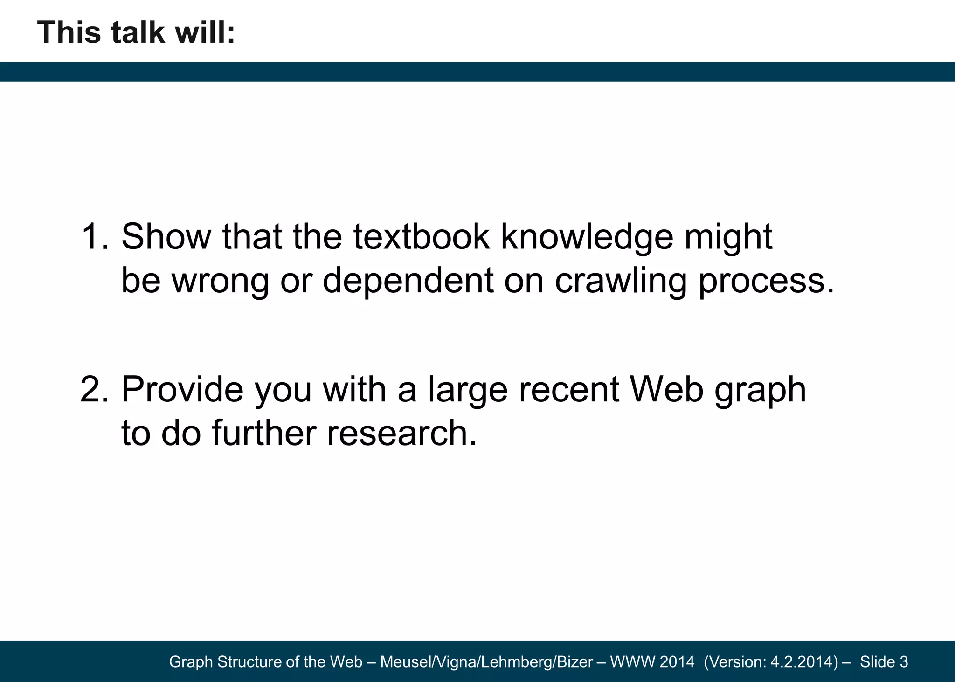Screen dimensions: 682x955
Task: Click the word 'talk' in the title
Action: [138, 33]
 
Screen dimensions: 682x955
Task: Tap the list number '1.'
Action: [95, 237]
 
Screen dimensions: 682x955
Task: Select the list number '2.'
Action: [95, 389]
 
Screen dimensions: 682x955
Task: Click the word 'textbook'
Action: [422, 237]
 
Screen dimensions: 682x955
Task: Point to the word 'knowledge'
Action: [587, 237]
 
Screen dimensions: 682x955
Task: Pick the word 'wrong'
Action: [221, 281]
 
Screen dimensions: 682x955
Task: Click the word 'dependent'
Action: [408, 281]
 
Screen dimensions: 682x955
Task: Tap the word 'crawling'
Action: [621, 281]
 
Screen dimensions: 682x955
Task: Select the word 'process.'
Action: [766, 281]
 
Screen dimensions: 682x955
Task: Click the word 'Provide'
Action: [182, 389]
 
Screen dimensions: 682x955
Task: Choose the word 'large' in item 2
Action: [467, 389]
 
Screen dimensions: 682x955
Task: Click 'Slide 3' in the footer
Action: [884, 662]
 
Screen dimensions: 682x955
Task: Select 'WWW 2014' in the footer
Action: [652, 662]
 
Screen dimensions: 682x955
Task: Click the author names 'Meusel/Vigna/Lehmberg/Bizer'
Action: [486, 662]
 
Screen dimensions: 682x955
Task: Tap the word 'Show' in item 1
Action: [166, 237]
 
